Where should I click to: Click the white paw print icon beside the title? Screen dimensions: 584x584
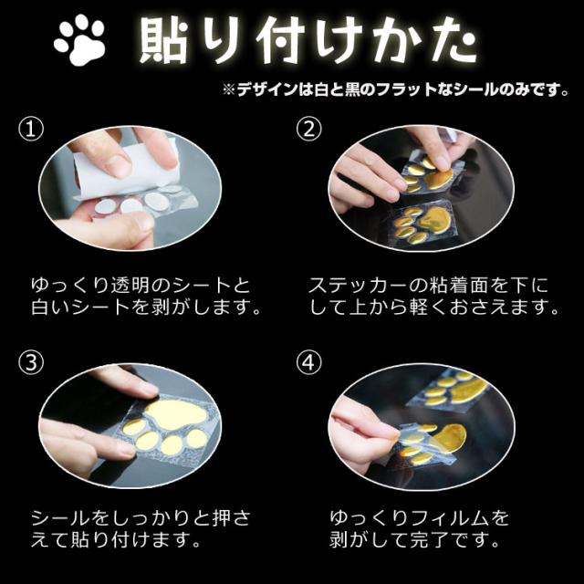click(x=80, y=41)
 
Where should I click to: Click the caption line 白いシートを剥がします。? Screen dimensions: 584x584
click(x=146, y=308)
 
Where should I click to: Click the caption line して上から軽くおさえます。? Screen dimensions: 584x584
click(x=434, y=308)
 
